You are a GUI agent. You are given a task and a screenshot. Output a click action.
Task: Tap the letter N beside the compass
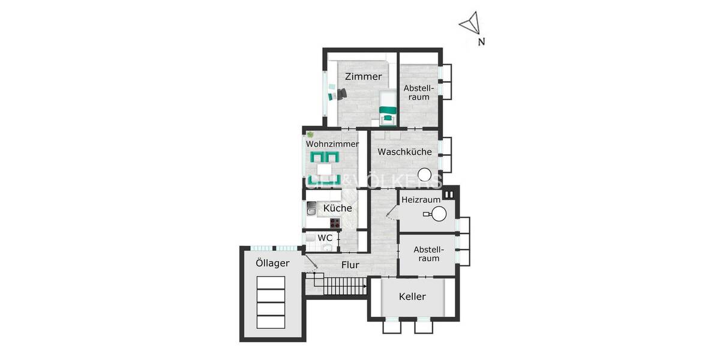(481, 42)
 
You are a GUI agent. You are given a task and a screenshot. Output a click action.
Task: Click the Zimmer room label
(363, 77)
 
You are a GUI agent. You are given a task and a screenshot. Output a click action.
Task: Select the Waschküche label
(404, 152)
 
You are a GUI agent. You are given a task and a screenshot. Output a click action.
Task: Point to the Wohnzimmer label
(332, 144)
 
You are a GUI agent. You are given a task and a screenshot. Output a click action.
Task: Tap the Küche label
(337, 208)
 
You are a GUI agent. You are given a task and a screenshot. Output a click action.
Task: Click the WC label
(325, 238)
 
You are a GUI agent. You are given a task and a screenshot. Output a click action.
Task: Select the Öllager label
(272, 263)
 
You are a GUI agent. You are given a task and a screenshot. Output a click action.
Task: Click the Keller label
(412, 296)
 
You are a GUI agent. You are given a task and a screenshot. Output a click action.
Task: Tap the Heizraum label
(421, 199)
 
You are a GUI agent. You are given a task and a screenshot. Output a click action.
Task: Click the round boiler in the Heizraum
(440, 214)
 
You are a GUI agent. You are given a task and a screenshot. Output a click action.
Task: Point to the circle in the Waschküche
(425, 175)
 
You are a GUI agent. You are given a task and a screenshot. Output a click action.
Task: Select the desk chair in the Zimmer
(341, 94)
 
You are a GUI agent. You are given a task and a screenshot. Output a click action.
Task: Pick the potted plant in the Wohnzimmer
(310, 135)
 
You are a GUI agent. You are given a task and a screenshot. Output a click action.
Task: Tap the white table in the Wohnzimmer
(324, 169)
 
